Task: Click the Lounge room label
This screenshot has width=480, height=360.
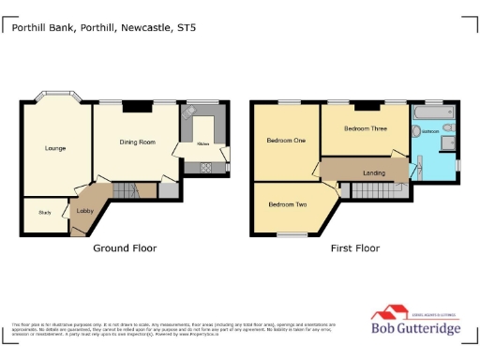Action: [x=55, y=148]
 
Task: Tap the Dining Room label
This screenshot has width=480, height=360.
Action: [x=137, y=142]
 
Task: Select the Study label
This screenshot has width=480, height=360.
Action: [x=44, y=213]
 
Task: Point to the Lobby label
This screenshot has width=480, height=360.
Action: [x=84, y=212]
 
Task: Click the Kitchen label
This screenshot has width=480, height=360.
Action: [x=202, y=144]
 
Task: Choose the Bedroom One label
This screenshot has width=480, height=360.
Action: [x=286, y=141]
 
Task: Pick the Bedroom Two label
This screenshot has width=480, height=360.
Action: [x=287, y=203]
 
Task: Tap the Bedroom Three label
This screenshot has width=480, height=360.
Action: [x=364, y=128]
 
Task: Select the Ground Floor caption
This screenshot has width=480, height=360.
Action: [x=125, y=248]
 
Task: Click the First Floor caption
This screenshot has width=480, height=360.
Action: [x=354, y=248]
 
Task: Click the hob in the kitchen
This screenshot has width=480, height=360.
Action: [x=205, y=168]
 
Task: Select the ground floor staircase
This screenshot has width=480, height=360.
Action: [x=126, y=190]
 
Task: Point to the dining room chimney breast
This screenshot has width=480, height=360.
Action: [x=137, y=106]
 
